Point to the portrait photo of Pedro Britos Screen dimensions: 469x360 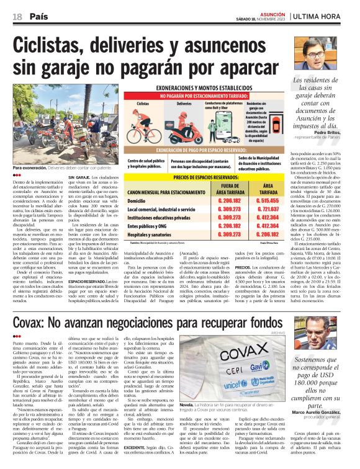click(312, 55)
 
